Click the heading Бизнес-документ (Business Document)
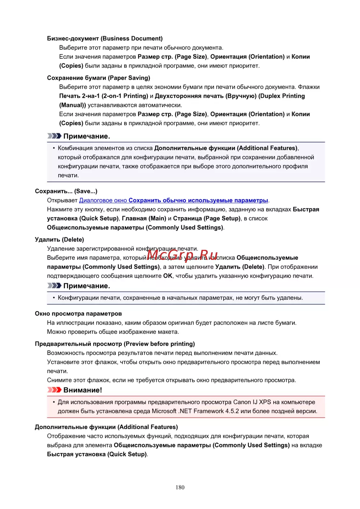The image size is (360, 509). point(105,39)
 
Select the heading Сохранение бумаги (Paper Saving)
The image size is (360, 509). point(99,78)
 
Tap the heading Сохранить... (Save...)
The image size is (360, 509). point(66,191)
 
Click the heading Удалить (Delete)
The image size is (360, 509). point(59,239)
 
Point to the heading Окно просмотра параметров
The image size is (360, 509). point(78,314)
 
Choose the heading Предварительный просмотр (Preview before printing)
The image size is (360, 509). point(115,344)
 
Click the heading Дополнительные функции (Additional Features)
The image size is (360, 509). point(106,427)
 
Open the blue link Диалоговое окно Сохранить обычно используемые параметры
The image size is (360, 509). point(174,201)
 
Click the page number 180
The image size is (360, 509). point(180,487)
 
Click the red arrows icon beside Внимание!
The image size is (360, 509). point(54,390)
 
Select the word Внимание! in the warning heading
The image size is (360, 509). point(82,390)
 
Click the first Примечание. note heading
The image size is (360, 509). point(86,136)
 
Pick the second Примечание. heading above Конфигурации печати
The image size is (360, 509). point(86,286)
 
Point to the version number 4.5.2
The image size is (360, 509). point(232,411)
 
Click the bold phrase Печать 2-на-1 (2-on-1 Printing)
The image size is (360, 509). point(104,96)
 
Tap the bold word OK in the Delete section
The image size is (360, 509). point(168,276)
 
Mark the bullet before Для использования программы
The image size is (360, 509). point(54,402)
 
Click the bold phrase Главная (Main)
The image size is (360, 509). point(144,219)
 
